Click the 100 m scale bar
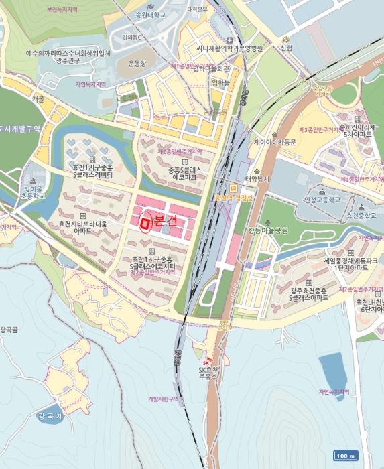(344, 456)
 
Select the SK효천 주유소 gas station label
(209, 373)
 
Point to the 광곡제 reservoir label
(50, 416)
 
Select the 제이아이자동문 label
(275, 142)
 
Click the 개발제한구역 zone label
(164, 399)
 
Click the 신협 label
(286, 48)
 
